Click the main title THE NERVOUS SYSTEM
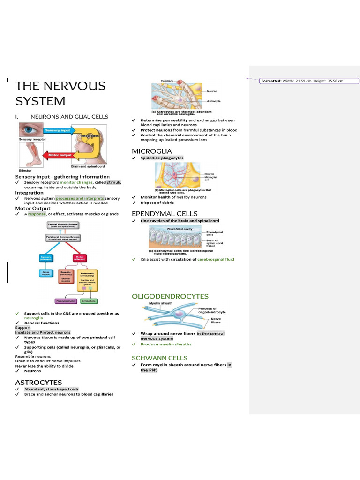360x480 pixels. [x=60, y=94]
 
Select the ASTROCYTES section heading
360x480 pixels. [x=38, y=382]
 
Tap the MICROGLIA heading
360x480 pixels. [x=152, y=151]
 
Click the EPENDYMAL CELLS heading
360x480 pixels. [x=165, y=214]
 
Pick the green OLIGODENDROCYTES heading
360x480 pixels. [x=170, y=297]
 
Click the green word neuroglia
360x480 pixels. [x=34, y=318]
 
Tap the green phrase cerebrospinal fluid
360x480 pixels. [x=216, y=259]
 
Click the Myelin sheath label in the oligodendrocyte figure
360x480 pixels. [x=158, y=304]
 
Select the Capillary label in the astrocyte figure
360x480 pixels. [x=167, y=81]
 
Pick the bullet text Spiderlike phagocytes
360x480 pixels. [x=162, y=158]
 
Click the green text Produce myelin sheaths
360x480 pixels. [x=166, y=344]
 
